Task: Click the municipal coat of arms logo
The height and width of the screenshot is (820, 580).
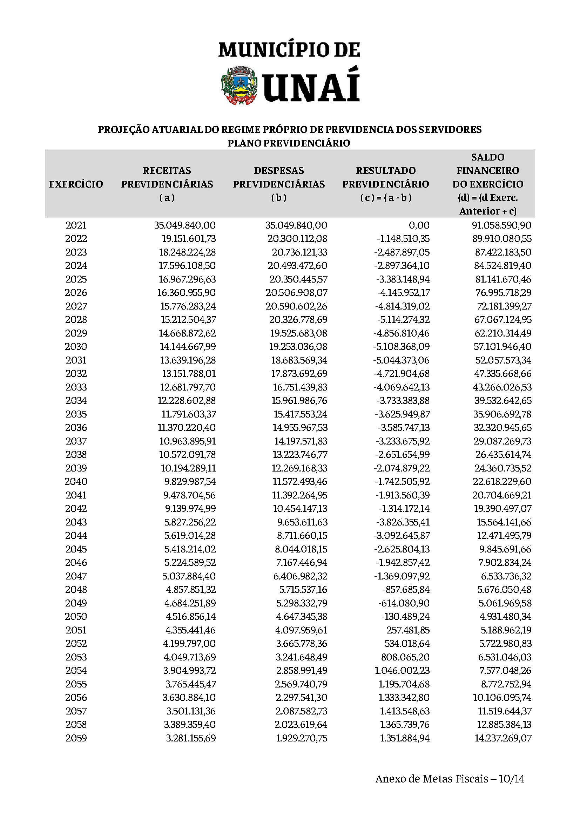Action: [239, 86]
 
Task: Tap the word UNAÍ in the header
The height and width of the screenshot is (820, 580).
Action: [311, 86]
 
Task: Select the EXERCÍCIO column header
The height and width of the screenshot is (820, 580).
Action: [76, 184]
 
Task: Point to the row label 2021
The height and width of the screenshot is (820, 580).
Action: [76, 225]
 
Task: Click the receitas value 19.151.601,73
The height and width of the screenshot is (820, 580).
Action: [189, 239]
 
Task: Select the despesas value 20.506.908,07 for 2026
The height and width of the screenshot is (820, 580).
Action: [296, 292]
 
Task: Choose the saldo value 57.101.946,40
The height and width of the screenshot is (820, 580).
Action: [503, 346]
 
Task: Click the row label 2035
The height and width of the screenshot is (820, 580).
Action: [76, 414]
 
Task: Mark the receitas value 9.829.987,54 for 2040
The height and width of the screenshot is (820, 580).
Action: [190, 481]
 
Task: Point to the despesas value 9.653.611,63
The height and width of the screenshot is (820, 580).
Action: [302, 522]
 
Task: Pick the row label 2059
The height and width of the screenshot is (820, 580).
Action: [76, 738]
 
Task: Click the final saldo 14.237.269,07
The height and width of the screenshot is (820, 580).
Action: [503, 738]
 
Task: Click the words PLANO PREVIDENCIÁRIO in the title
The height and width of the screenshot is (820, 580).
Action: [289, 143]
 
